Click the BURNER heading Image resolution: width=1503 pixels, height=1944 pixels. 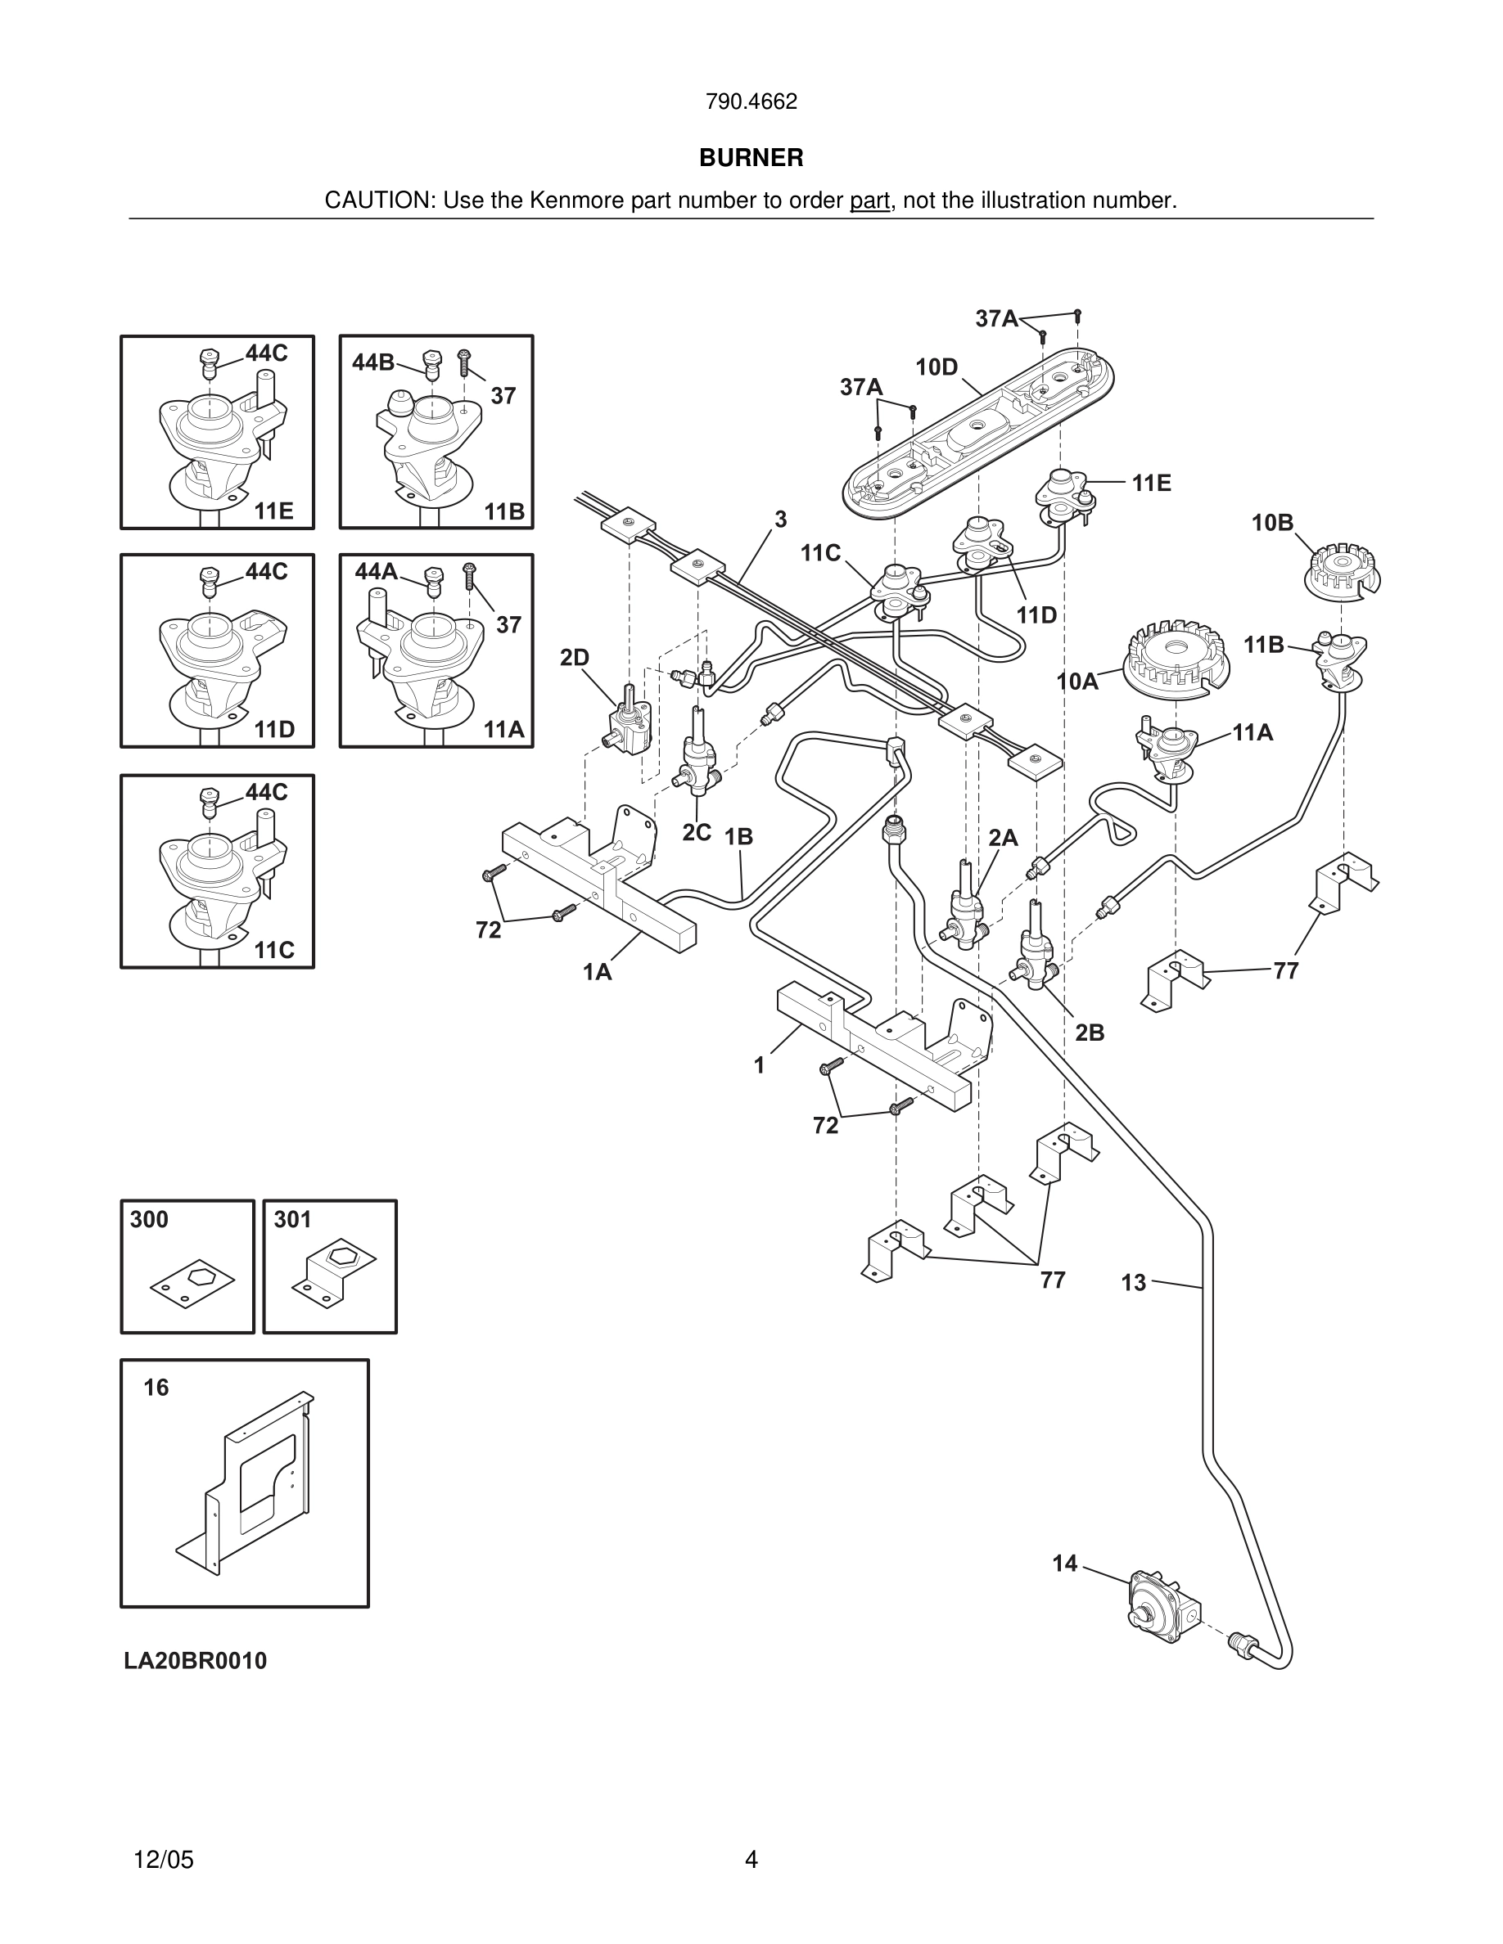click(751, 158)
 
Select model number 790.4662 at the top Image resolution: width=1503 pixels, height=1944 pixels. click(751, 101)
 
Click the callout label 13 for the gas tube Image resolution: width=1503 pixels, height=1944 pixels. click(1133, 1283)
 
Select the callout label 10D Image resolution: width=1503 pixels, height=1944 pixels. click(936, 367)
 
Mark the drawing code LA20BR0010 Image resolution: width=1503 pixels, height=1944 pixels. click(195, 1661)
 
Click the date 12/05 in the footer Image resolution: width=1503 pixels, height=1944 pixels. click(163, 1860)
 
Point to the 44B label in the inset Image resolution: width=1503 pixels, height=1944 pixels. click(372, 362)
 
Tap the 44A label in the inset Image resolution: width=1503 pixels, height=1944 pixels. click(376, 571)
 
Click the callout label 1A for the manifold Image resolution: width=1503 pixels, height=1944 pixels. click(597, 972)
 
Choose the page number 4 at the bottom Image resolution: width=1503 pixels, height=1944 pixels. click(751, 1860)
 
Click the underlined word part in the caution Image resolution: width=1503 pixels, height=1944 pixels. click(869, 201)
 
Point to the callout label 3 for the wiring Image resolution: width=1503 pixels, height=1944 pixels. click(780, 520)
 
